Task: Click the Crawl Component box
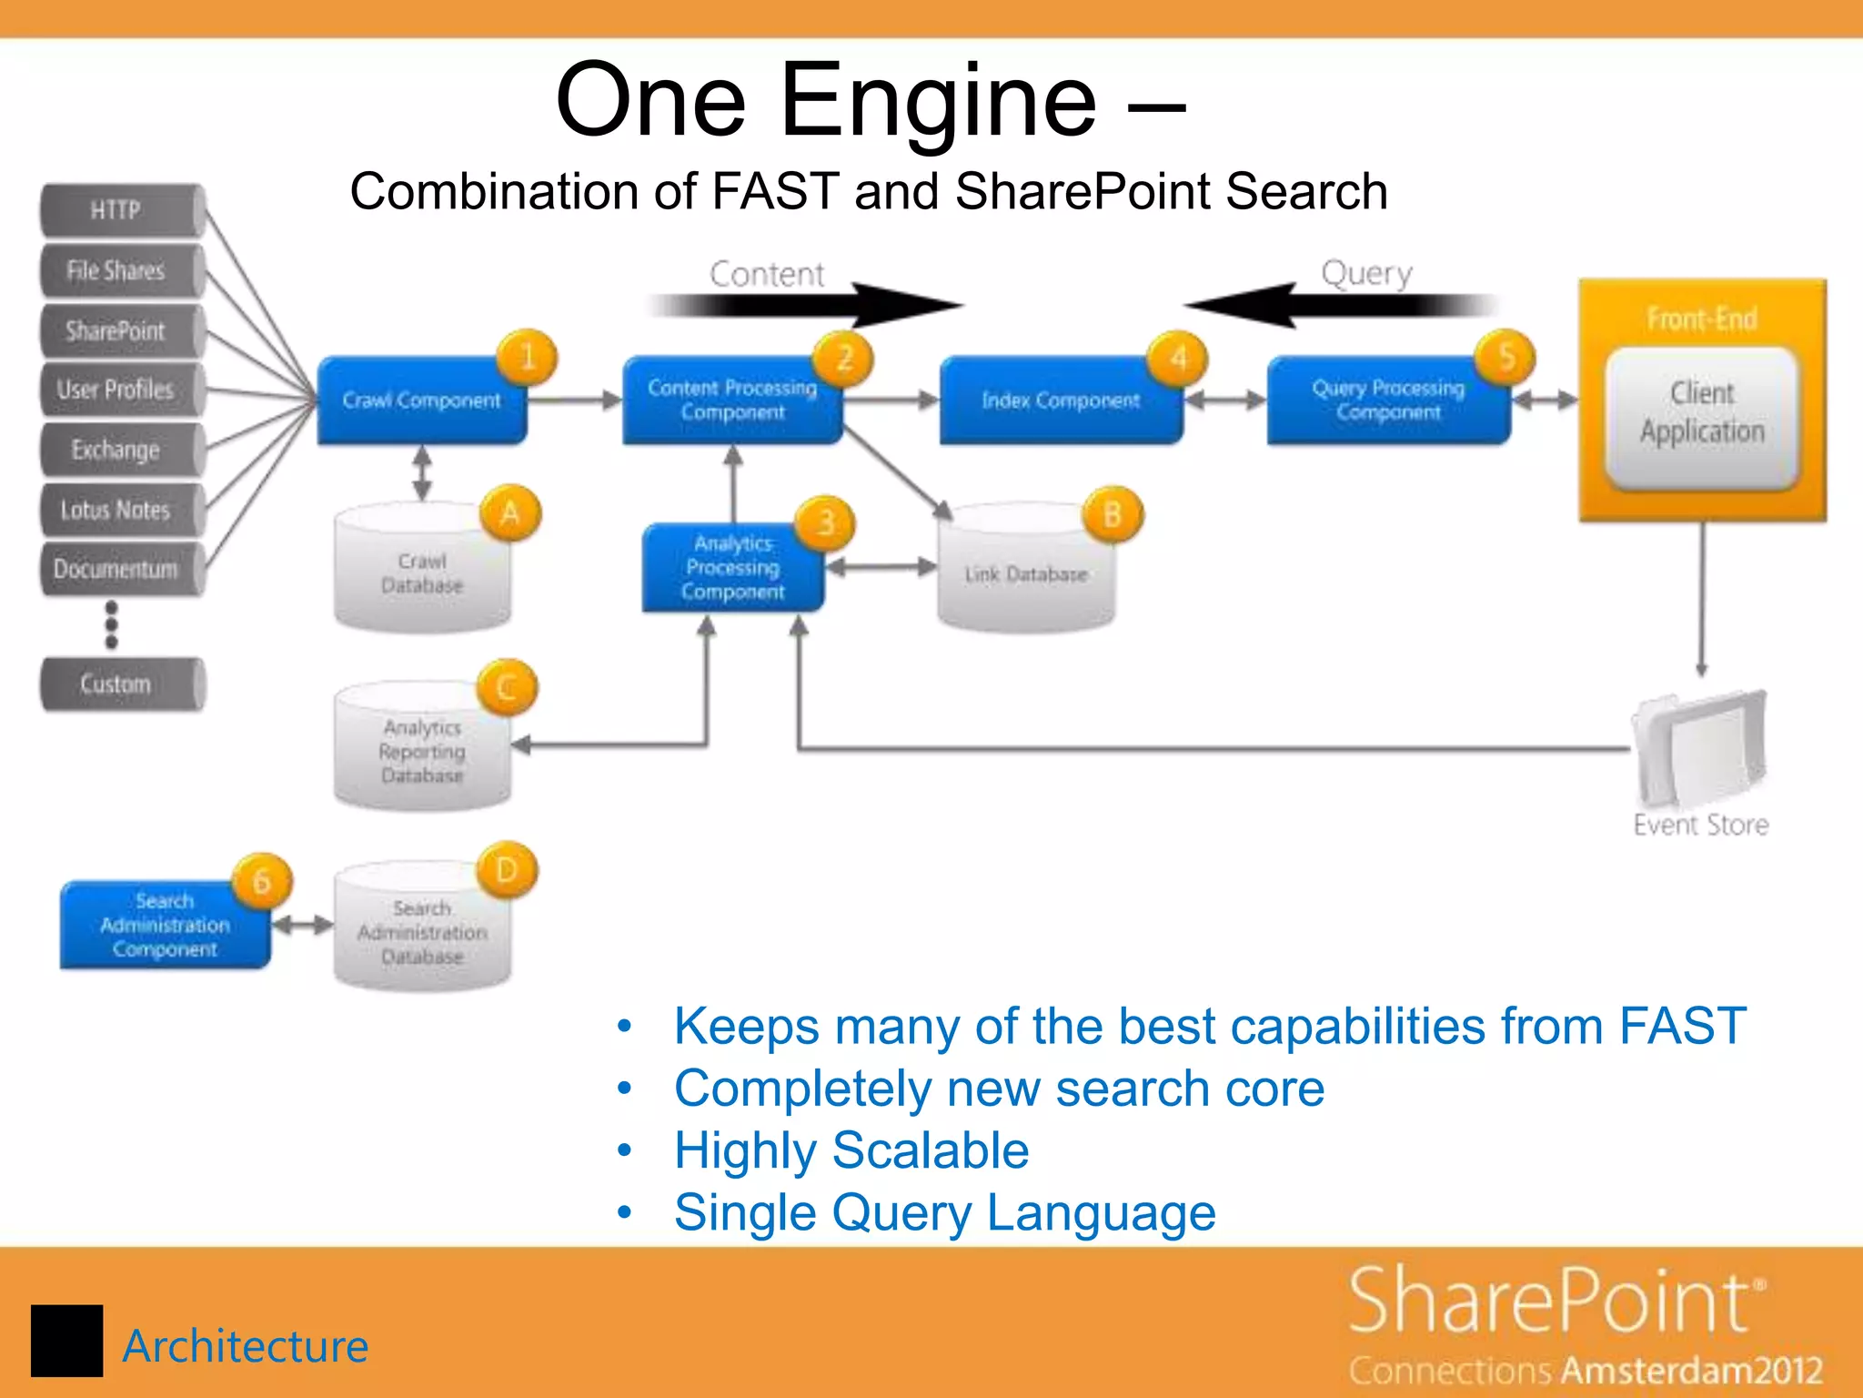(420, 401)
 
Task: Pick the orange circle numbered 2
(843, 358)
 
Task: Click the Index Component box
(1060, 401)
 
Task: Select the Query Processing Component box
(1387, 401)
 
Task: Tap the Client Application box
(1702, 414)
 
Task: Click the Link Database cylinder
(1026, 572)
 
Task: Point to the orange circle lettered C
(508, 688)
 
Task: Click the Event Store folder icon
(1699, 748)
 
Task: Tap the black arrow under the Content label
(810, 305)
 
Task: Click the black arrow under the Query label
(1337, 305)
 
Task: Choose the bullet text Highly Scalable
(851, 1150)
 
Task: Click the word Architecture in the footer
(245, 1346)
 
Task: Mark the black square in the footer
(66, 1341)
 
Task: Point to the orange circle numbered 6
(262, 881)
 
